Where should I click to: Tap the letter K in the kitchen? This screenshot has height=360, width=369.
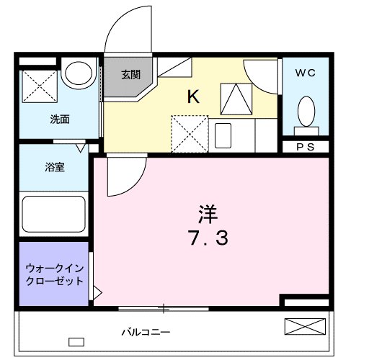(193, 97)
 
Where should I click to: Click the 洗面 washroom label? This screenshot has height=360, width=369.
(59, 120)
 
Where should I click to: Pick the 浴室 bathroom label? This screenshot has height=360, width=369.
(55, 168)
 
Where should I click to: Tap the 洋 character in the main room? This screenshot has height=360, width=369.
(207, 212)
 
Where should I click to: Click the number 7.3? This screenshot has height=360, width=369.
(206, 238)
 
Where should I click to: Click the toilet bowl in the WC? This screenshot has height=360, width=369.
(306, 112)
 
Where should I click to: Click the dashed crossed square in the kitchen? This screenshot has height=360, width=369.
(188, 133)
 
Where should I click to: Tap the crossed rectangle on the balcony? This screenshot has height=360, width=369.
(304, 326)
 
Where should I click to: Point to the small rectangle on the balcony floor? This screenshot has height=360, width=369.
(76, 341)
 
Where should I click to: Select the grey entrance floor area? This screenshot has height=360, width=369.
(128, 79)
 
